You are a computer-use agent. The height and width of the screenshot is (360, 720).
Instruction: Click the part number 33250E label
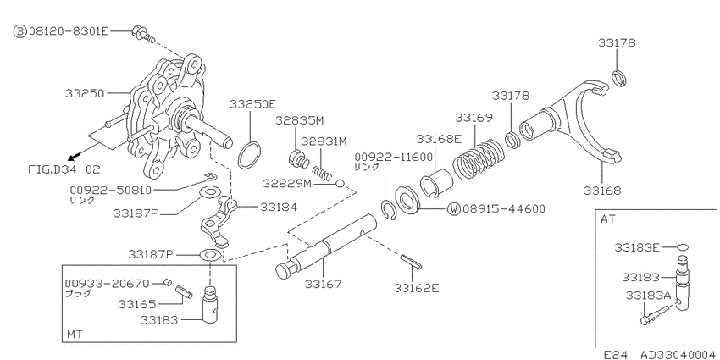click(252, 104)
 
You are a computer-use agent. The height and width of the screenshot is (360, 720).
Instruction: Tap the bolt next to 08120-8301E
click(143, 33)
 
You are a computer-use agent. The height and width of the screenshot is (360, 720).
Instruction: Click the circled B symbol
click(19, 31)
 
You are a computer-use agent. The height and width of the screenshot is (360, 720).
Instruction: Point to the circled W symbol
click(454, 209)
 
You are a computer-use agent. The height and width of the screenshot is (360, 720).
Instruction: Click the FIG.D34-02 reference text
click(64, 169)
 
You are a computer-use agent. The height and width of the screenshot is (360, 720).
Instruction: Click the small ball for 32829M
click(340, 184)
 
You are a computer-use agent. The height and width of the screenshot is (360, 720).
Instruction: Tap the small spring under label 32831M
click(322, 173)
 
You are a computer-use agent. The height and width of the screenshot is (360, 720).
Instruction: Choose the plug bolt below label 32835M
click(298, 159)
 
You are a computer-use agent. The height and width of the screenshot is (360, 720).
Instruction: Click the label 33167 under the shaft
click(324, 285)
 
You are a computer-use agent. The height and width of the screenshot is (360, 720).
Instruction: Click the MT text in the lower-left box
click(75, 334)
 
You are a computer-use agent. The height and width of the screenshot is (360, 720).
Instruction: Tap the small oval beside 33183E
click(683, 247)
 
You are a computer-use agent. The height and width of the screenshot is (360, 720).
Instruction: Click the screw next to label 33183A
click(656, 315)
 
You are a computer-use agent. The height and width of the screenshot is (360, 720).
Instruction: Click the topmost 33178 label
click(617, 42)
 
